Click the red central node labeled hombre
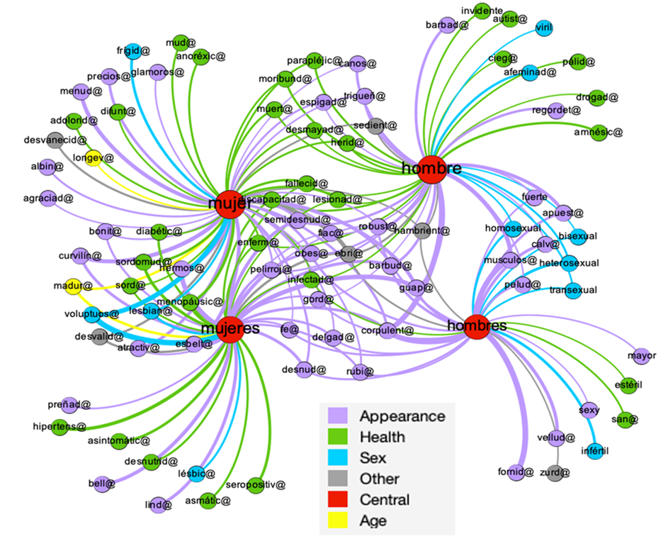coord(431,169)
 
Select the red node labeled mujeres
coord(231,329)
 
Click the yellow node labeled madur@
coord(74,286)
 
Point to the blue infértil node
coord(594,450)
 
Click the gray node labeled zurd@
coord(555,472)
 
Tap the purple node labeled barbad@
coord(446,26)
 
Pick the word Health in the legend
coord(382,437)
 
